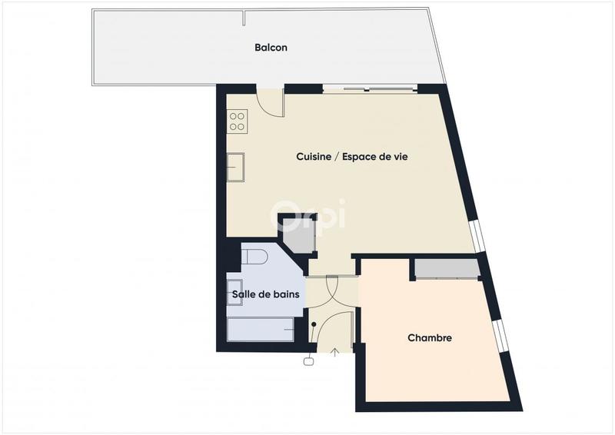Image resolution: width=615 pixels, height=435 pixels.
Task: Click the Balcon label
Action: click(271, 48)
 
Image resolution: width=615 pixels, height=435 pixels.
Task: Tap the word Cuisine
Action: click(311, 157)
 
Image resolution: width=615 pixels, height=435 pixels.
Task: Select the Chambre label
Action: click(429, 338)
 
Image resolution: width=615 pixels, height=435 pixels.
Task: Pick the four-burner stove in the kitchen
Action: click(237, 121)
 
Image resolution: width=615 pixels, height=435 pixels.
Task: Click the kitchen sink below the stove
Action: click(236, 167)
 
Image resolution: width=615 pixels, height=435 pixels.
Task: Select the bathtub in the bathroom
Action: click(261, 330)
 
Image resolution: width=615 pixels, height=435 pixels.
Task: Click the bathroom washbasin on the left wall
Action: click(234, 293)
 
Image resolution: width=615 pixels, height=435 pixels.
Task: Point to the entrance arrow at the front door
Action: click(335, 354)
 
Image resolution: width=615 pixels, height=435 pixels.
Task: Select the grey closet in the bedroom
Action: click(445, 268)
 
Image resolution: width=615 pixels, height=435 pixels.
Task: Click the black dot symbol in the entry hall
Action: click(314, 324)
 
